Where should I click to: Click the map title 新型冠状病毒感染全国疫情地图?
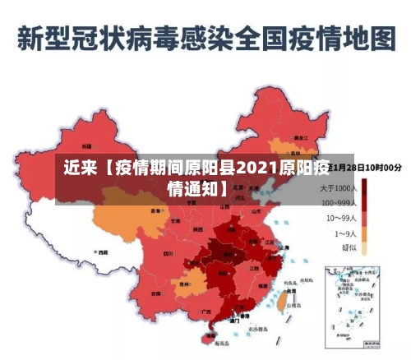point(205,38)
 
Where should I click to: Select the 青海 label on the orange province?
point(155,210)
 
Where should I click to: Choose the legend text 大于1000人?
point(338,189)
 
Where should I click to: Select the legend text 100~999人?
point(338,203)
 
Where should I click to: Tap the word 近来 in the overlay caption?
point(81,169)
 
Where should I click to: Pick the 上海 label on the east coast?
point(284,247)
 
